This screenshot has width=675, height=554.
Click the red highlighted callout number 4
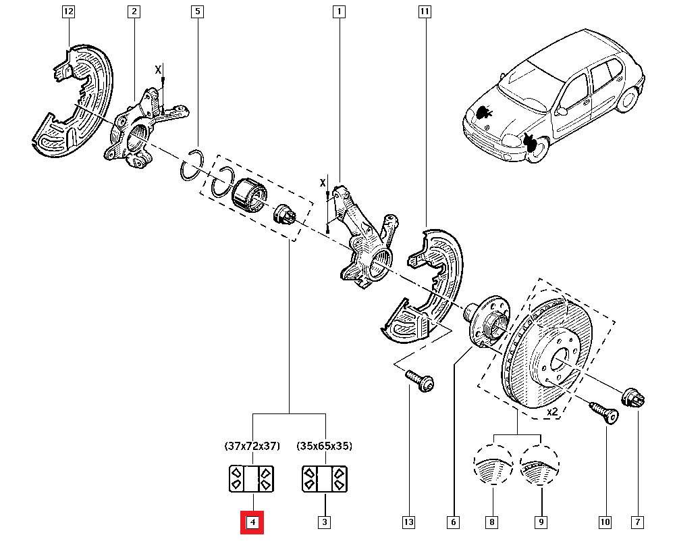[x=252, y=522]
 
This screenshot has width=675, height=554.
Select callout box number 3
[x=325, y=522]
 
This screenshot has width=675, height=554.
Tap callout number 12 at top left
[x=68, y=11]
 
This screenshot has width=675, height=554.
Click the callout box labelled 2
[x=134, y=11]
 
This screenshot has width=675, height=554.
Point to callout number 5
[x=197, y=11]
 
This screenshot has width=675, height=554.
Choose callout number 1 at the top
[x=338, y=11]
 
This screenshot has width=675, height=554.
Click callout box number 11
[x=424, y=11]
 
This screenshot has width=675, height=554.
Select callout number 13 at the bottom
[x=408, y=522]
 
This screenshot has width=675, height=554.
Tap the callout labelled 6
[x=452, y=522]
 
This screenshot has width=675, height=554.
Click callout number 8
[x=492, y=522]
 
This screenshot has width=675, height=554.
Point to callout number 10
[x=604, y=522]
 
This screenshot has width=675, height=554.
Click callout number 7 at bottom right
[x=638, y=522]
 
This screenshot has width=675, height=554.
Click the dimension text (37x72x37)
[x=252, y=447]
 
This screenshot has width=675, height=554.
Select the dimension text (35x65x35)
[x=325, y=447]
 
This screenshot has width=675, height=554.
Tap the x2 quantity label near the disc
[x=552, y=411]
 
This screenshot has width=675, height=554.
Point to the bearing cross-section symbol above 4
[x=252, y=478]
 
